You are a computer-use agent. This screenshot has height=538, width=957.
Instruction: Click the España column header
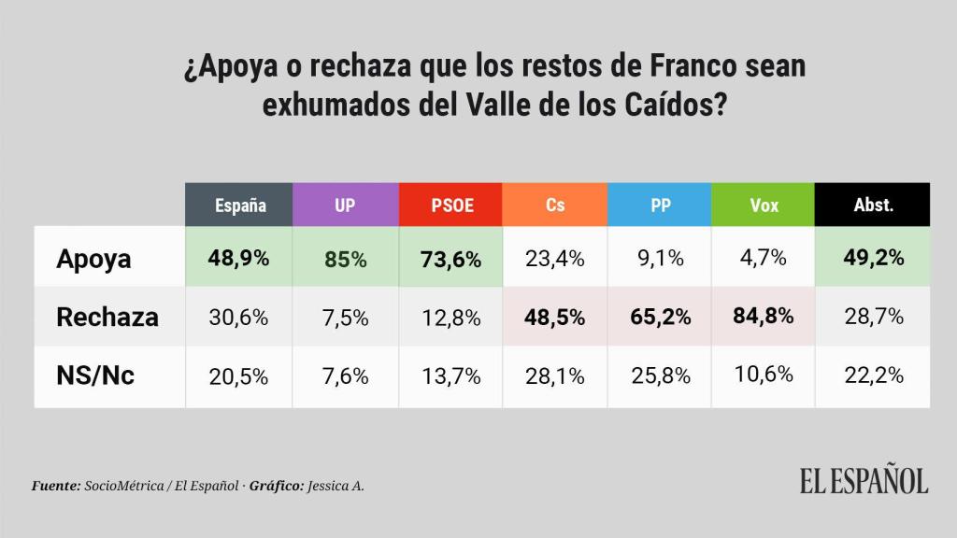(x=239, y=205)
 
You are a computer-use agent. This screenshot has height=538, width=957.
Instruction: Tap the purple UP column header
(x=345, y=205)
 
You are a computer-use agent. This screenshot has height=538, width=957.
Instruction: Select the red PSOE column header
(x=451, y=205)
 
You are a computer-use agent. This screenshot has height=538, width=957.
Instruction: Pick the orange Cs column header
(x=555, y=205)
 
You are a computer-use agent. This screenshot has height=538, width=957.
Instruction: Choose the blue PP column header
(x=660, y=205)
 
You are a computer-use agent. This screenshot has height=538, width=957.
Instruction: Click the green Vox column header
(x=764, y=205)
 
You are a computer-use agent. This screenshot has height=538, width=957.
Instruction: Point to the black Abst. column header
(x=873, y=205)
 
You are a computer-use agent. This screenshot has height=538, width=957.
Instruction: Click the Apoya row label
(x=93, y=259)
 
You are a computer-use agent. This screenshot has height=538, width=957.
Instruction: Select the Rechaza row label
(x=107, y=317)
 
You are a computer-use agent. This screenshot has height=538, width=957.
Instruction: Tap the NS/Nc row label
(x=95, y=375)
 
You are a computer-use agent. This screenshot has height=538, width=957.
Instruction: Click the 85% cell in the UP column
(x=345, y=260)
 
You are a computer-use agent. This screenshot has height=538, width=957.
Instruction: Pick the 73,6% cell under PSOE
(x=451, y=260)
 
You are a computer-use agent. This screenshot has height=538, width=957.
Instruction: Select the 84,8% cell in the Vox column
(x=764, y=317)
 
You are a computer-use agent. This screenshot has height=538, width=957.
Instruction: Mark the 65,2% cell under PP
(x=660, y=317)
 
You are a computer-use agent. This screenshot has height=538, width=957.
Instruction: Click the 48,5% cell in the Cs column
(x=555, y=317)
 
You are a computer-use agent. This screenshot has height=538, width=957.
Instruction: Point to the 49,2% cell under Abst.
(x=873, y=259)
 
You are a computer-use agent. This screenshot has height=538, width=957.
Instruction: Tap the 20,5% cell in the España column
(x=239, y=375)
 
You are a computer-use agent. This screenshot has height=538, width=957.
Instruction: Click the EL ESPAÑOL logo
(x=864, y=480)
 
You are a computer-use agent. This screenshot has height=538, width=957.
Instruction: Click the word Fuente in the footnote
(x=55, y=487)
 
